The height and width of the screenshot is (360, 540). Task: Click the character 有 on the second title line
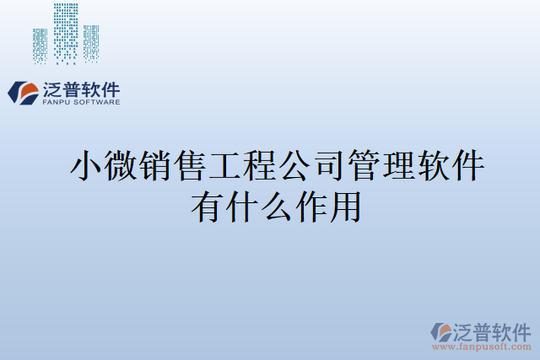208,207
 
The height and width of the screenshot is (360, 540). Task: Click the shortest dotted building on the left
40,46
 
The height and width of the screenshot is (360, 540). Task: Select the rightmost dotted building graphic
90,43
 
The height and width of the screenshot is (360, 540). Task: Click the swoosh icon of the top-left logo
23,93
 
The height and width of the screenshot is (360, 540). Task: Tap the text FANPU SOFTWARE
81,102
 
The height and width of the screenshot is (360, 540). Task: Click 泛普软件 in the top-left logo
81,89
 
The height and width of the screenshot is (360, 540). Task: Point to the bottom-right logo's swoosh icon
442,332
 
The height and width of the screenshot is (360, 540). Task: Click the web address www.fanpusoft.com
483,347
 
